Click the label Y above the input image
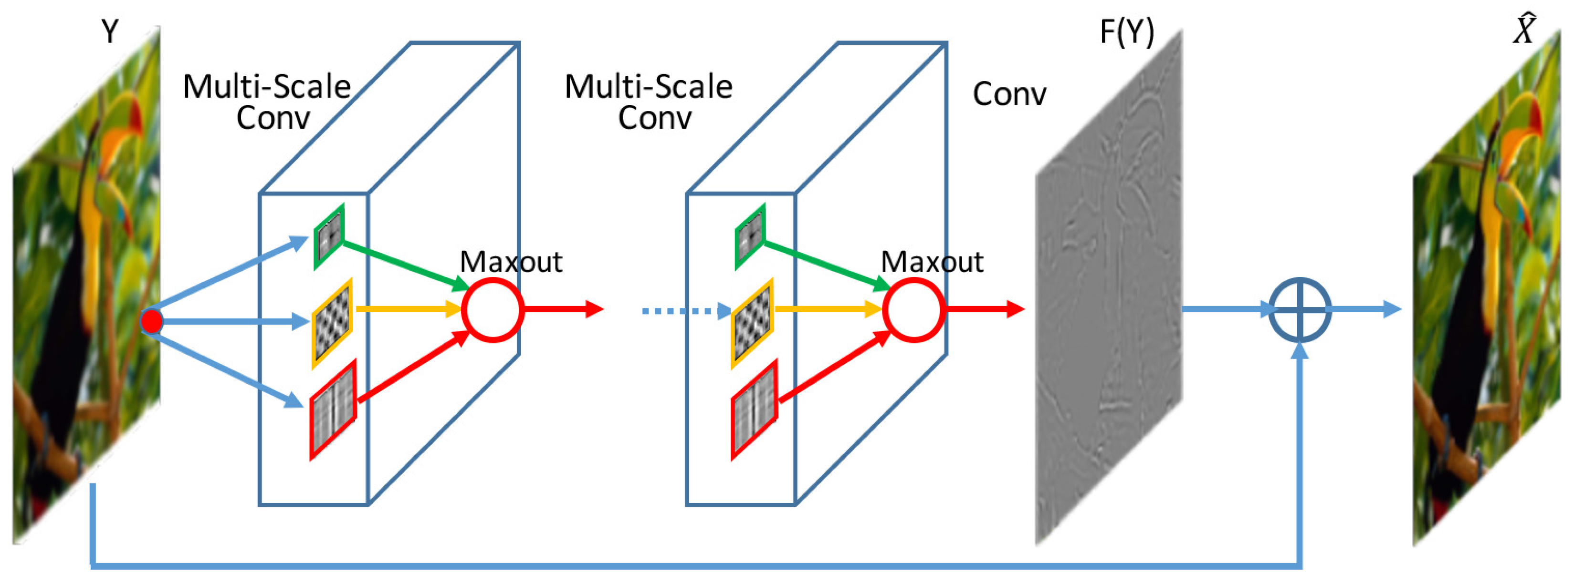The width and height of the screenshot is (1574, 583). (110, 32)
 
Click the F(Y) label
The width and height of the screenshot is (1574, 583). (1127, 32)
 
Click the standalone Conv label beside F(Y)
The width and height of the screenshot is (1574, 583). (1009, 94)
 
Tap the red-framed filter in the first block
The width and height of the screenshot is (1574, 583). (333, 409)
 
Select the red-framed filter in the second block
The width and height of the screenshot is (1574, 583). (755, 409)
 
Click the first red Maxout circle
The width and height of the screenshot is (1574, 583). (493, 309)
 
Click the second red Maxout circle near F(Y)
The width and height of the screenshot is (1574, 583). (913, 309)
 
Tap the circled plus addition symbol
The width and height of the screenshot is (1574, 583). (1300, 309)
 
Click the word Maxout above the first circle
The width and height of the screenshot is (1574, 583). (510, 262)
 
